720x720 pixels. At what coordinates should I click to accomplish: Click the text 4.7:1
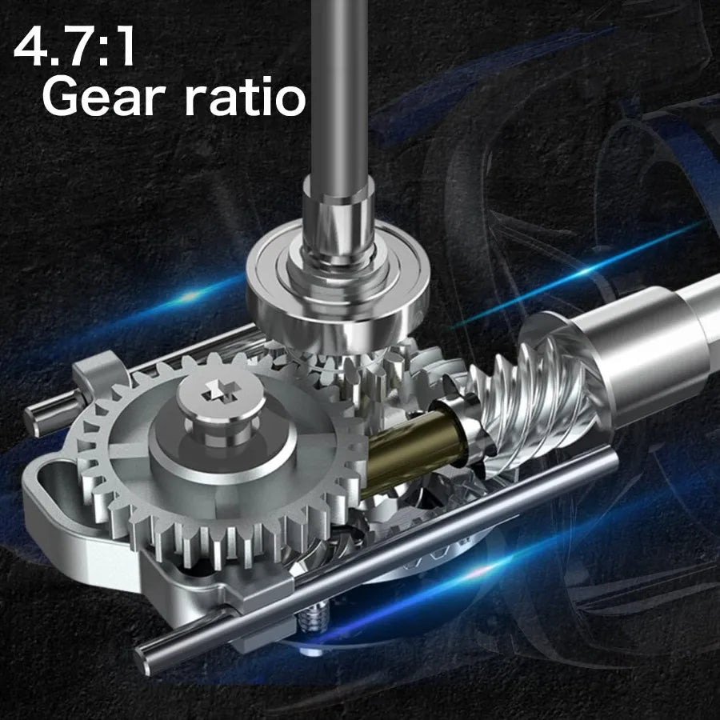74,47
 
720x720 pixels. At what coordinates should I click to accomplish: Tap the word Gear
104,97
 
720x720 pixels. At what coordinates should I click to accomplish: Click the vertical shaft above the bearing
340,92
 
